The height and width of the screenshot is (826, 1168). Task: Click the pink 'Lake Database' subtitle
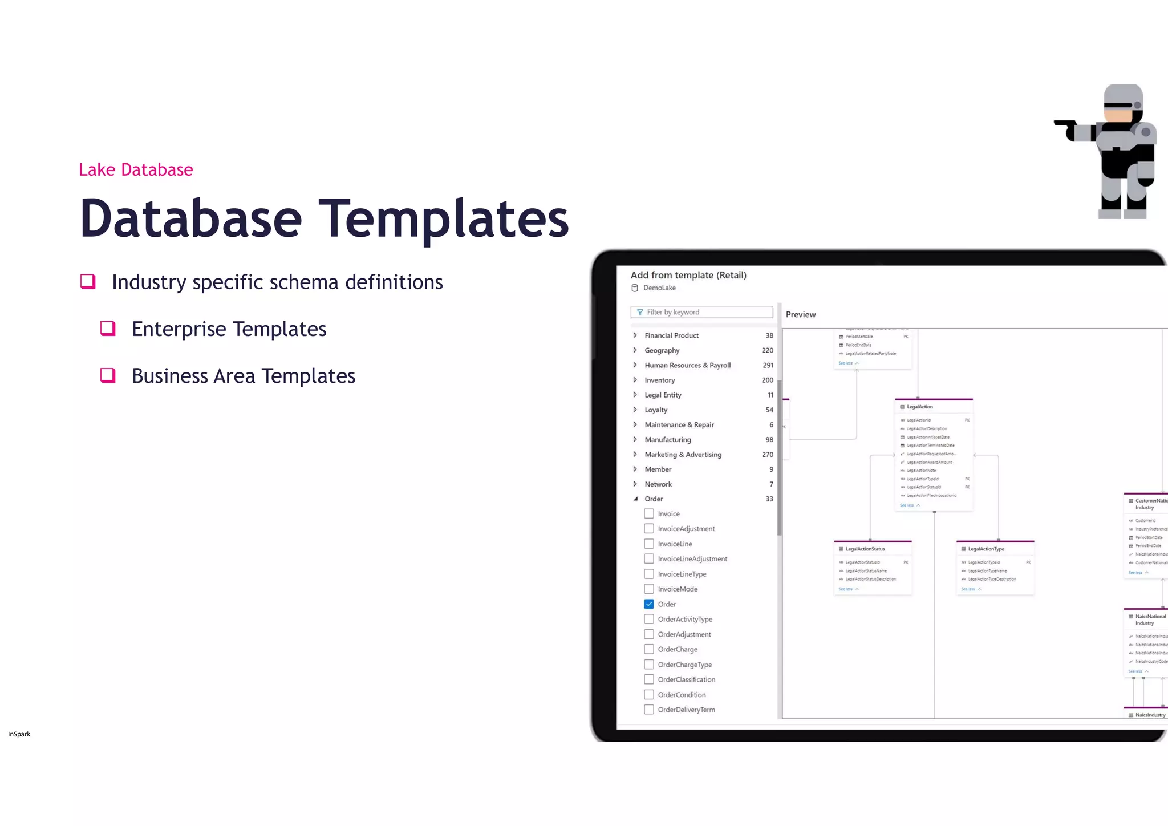tap(136, 169)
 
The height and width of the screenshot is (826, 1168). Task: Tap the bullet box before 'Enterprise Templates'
tap(108, 329)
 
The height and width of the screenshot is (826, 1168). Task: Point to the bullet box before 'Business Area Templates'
tap(108, 375)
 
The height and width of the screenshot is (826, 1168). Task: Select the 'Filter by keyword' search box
tap(701, 312)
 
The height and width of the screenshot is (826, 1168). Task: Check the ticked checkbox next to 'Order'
tap(649, 604)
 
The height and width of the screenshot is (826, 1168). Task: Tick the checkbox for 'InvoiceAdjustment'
tap(649, 529)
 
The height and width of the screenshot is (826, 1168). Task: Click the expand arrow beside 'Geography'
tap(635, 350)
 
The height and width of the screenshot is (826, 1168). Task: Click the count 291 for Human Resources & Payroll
tap(768, 365)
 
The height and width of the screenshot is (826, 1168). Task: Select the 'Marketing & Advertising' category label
tap(683, 455)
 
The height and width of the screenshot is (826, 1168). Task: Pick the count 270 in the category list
tap(768, 455)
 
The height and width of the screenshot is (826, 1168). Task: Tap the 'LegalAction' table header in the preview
tap(920, 407)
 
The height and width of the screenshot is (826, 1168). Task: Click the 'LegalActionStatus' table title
tap(865, 549)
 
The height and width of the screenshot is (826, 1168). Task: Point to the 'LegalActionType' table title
tap(986, 549)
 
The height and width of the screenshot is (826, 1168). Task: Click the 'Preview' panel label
tap(801, 314)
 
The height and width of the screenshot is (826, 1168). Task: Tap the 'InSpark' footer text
tap(19, 734)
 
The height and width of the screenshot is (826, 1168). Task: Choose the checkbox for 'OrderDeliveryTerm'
tap(649, 710)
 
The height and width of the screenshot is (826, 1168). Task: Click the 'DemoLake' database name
tap(659, 288)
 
